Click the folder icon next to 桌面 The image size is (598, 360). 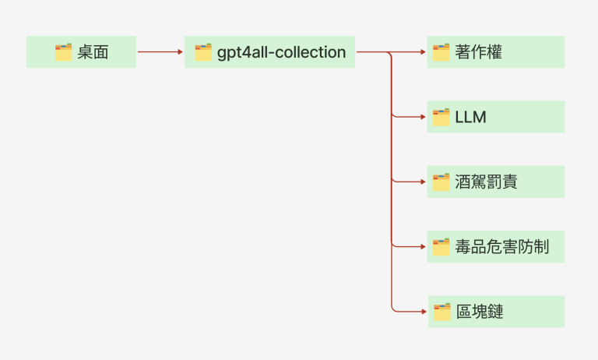pyautogui.click(x=64, y=52)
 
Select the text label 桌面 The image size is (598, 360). pyautogui.click(x=93, y=52)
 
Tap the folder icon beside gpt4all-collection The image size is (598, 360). pyautogui.click(x=203, y=52)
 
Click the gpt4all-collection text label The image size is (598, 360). pyautogui.click(x=281, y=52)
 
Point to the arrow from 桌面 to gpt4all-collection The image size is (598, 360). pyautogui.click(x=160, y=52)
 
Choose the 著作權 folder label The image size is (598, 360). pyautogui.click(x=479, y=52)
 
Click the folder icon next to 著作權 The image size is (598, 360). pyautogui.click(x=441, y=52)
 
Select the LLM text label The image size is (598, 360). pyautogui.click(x=470, y=117)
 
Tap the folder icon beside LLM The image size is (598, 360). pyautogui.click(x=441, y=117)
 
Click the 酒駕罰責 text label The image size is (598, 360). pyautogui.click(x=487, y=182)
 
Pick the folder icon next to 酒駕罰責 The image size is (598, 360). pyautogui.click(x=441, y=182)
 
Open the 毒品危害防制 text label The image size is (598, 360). pyautogui.click(x=502, y=247)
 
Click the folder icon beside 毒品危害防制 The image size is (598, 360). pyautogui.click(x=441, y=247)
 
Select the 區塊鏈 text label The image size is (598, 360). pyautogui.click(x=479, y=312)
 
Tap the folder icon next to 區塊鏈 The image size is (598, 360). pyautogui.click(x=441, y=312)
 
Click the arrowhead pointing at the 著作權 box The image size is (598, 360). pyautogui.click(x=423, y=52)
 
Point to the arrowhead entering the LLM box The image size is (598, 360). pyautogui.click(x=423, y=117)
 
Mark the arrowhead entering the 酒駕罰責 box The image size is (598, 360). pyautogui.click(x=423, y=182)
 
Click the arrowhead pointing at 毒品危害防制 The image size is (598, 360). pyautogui.click(x=423, y=247)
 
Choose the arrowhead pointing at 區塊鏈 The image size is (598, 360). pyautogui.click(x=423, y=312)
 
